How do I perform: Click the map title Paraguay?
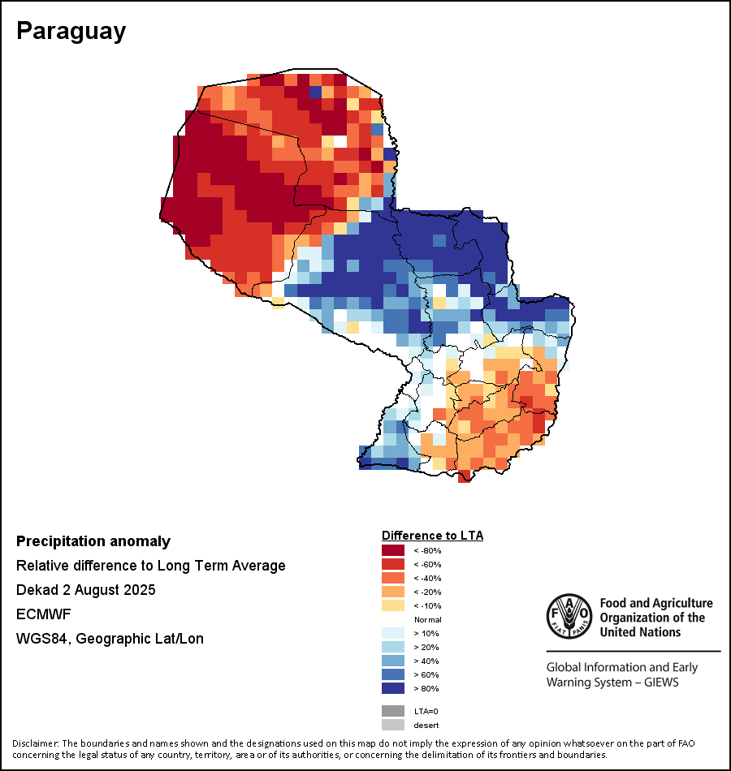[71, 31]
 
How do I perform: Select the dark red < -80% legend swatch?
[393, 550]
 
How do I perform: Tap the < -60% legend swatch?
[393, 564]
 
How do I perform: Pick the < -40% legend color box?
[393, 578]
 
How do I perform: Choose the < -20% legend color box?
[393, 592]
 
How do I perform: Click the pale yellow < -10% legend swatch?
[393, 605]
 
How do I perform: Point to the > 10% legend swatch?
[393, 633]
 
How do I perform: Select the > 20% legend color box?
[393, 647]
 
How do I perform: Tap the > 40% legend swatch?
[393, 661]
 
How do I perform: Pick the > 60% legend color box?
[393, 674]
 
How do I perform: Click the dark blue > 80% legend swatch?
[393, 688]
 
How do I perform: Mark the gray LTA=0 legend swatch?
[393, 711]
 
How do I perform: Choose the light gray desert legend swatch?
[393, 725]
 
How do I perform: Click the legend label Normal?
[427, 619]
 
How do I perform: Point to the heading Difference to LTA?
[432, 536]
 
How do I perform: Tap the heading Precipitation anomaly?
[93, 541]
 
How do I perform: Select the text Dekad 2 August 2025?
[86, 590]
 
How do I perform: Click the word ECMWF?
[41, 614]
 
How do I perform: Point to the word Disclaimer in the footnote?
[35, 743]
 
